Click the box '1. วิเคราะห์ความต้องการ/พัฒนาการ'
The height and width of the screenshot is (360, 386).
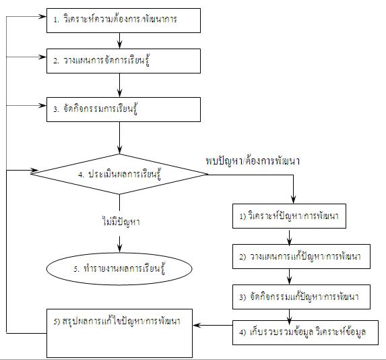click(x=123, y=20)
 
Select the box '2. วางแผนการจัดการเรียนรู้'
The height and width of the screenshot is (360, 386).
click(x=123, y=61)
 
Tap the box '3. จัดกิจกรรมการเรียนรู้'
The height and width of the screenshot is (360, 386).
click(x=123, y=109)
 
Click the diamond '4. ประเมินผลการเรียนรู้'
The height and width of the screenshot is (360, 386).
click(x=119, y=174)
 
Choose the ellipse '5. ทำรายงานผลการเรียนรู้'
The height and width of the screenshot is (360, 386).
click(x=119, y=269)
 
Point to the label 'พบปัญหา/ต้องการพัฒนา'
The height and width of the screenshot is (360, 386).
click(x=253, y=161)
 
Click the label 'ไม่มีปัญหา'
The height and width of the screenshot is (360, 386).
click(x=121, y=222)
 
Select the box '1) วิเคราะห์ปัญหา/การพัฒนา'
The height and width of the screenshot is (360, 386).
click(x=289, y=216)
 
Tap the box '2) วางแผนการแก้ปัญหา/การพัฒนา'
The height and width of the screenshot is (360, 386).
click(x=301, y=256)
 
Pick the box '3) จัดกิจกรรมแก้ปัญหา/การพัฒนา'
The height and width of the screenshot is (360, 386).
click(x=301, y=297)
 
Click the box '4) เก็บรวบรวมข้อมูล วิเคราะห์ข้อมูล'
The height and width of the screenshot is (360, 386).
click(x=305, y=332)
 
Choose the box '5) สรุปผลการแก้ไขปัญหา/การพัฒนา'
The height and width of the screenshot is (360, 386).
click(x=119, y=334)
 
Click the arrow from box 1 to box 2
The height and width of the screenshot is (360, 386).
click(x=120, y=40)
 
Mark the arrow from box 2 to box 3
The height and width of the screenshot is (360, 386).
click(x=120, y=85)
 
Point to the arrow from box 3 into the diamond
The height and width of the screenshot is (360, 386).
click(x=120, y=138)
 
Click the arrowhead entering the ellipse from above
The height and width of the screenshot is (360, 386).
click(x=120, y=248)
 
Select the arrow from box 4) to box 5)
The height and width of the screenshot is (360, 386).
click(x=213, y=325)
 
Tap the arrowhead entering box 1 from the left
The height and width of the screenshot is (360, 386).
click(x=42, y=17)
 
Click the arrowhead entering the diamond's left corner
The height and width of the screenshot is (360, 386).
click(x=34, y=170)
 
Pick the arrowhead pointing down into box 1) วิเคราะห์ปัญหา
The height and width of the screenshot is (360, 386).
click(x=293, y=200)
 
